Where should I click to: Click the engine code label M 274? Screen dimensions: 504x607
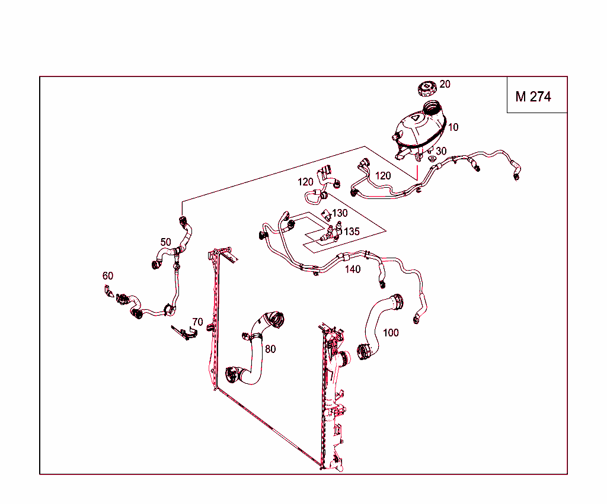point(533,97)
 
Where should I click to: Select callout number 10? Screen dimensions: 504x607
point(453,127)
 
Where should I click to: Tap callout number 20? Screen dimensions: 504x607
point(445,85)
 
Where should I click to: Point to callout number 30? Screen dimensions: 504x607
point(441,152)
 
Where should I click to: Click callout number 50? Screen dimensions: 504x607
point(165,242)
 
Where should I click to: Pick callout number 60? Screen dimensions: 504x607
point(107,276)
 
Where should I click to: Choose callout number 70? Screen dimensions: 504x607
point(197,322)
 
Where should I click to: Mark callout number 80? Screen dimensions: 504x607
point(270,349)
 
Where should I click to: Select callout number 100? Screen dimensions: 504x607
point(391,333)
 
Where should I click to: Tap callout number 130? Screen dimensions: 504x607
point(340,213)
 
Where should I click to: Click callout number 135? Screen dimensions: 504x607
point(352,232)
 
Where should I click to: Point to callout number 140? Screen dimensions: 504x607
point(353,269)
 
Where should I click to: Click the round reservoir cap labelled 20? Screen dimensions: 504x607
point(427,89)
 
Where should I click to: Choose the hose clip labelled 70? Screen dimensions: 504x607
point(185,333)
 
